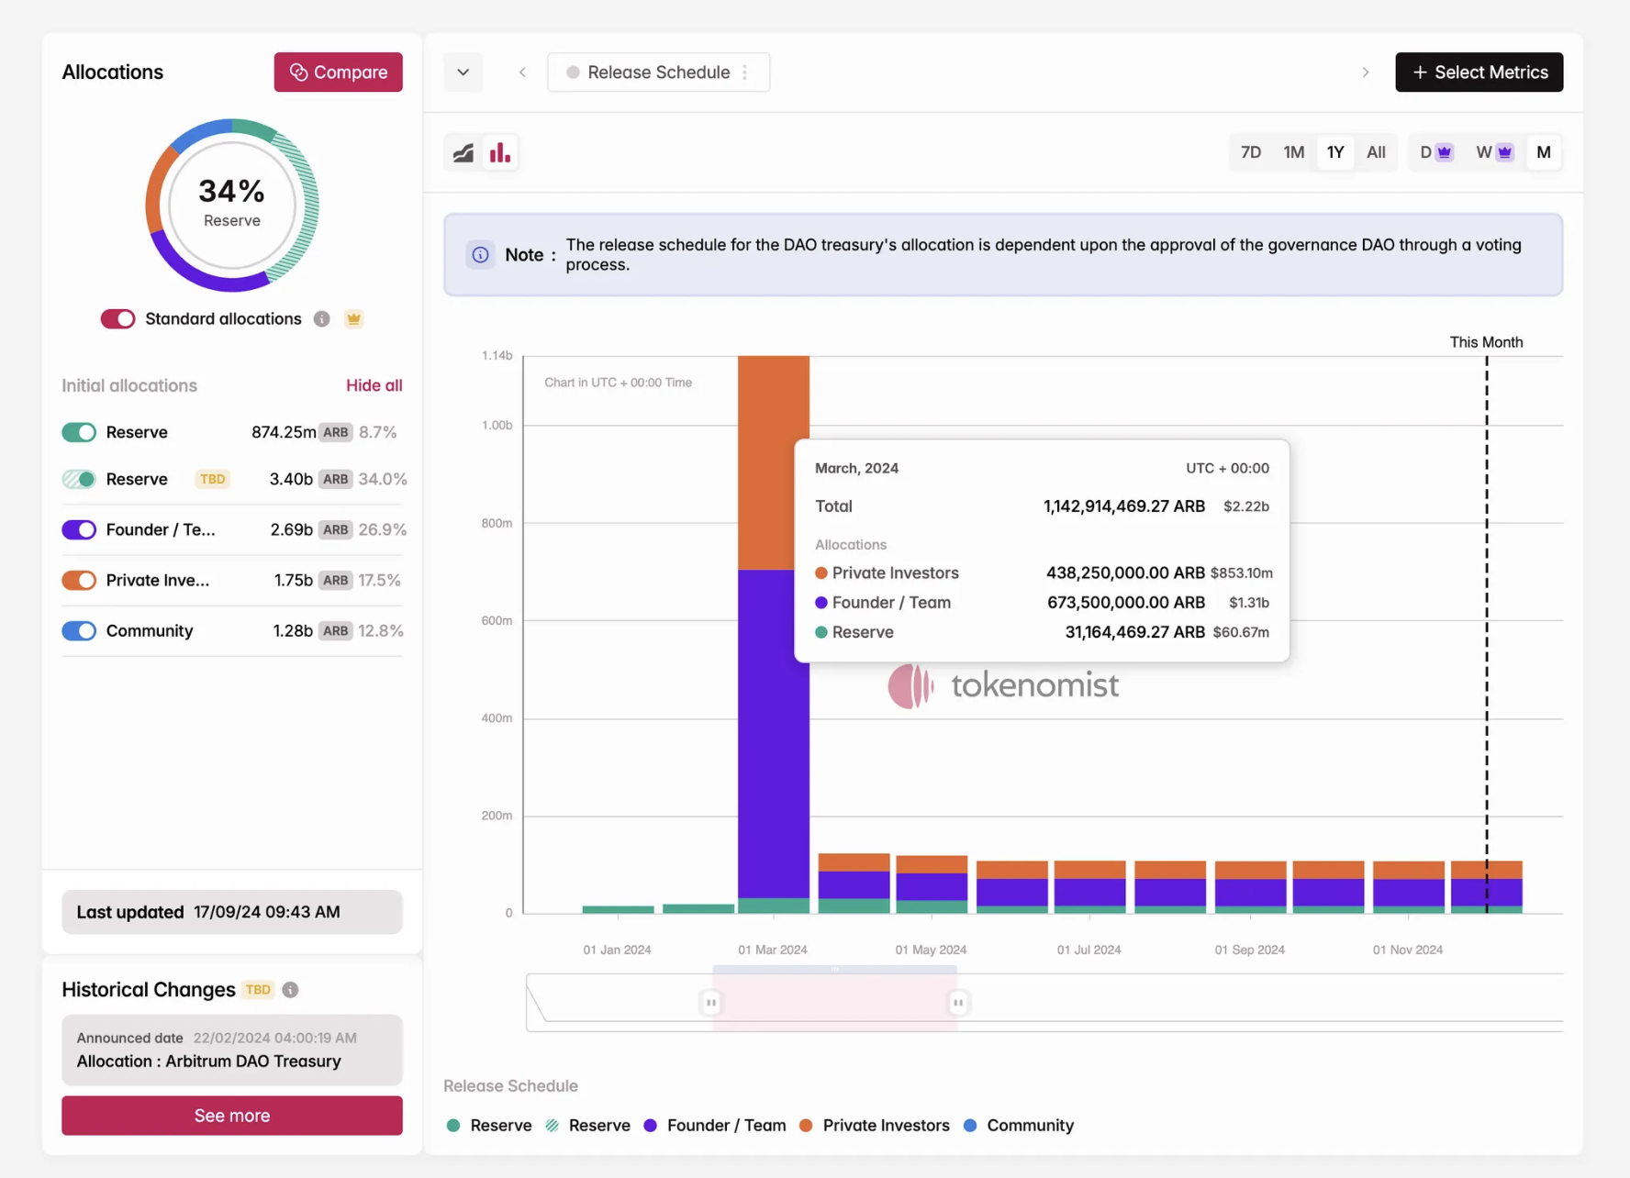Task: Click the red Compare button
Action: click(x=338, y=72)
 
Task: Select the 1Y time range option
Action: click(x=1334, y=152)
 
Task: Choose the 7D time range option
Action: click(x=1250, y=152)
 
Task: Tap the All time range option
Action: click(x=1375, y=152)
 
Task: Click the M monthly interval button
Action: click(x=1543, y=152)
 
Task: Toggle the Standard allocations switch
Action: click(x=117, y=318)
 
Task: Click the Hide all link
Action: click(x=374, y=385)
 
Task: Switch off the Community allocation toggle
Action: click(x=79, y=630)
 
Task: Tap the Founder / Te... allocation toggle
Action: click(x=79, y=529)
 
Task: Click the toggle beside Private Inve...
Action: click(x=79, y=580)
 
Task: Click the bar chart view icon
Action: click(x=500, y=152)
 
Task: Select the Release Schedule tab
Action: click(x=658, y=72)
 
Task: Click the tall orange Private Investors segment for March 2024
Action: click(x=774, y=462)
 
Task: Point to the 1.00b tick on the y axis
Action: click(x=497, y=425)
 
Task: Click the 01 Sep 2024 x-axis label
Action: click(x=1249, y=950)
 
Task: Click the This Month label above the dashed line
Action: click(x=1486, y=342)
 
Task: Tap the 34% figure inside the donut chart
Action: click(x=231, y=191)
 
